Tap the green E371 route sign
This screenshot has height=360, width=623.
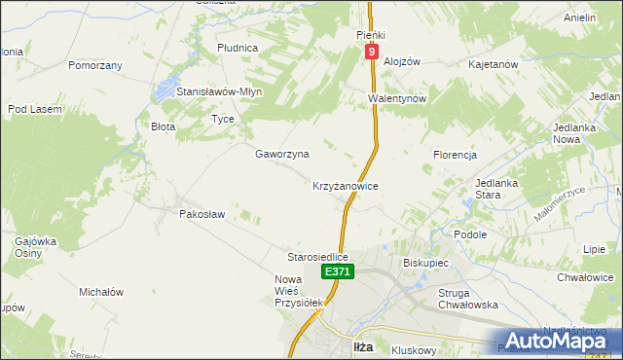coord(337,272)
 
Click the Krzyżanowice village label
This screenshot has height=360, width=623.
coord(345,185)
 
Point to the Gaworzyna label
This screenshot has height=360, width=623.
coord(282,154)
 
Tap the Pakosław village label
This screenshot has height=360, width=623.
coord(202,214)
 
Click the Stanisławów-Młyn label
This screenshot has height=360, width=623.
coord(219,91)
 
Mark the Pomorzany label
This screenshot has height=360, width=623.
coord(95,65)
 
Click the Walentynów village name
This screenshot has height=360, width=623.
coord(398,98)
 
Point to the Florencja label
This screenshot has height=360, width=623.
coord(455,155)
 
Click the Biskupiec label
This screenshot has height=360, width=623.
coord(424,263)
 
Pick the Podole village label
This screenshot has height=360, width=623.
coord(470,234)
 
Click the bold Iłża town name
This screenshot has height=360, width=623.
coord(362,346)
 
